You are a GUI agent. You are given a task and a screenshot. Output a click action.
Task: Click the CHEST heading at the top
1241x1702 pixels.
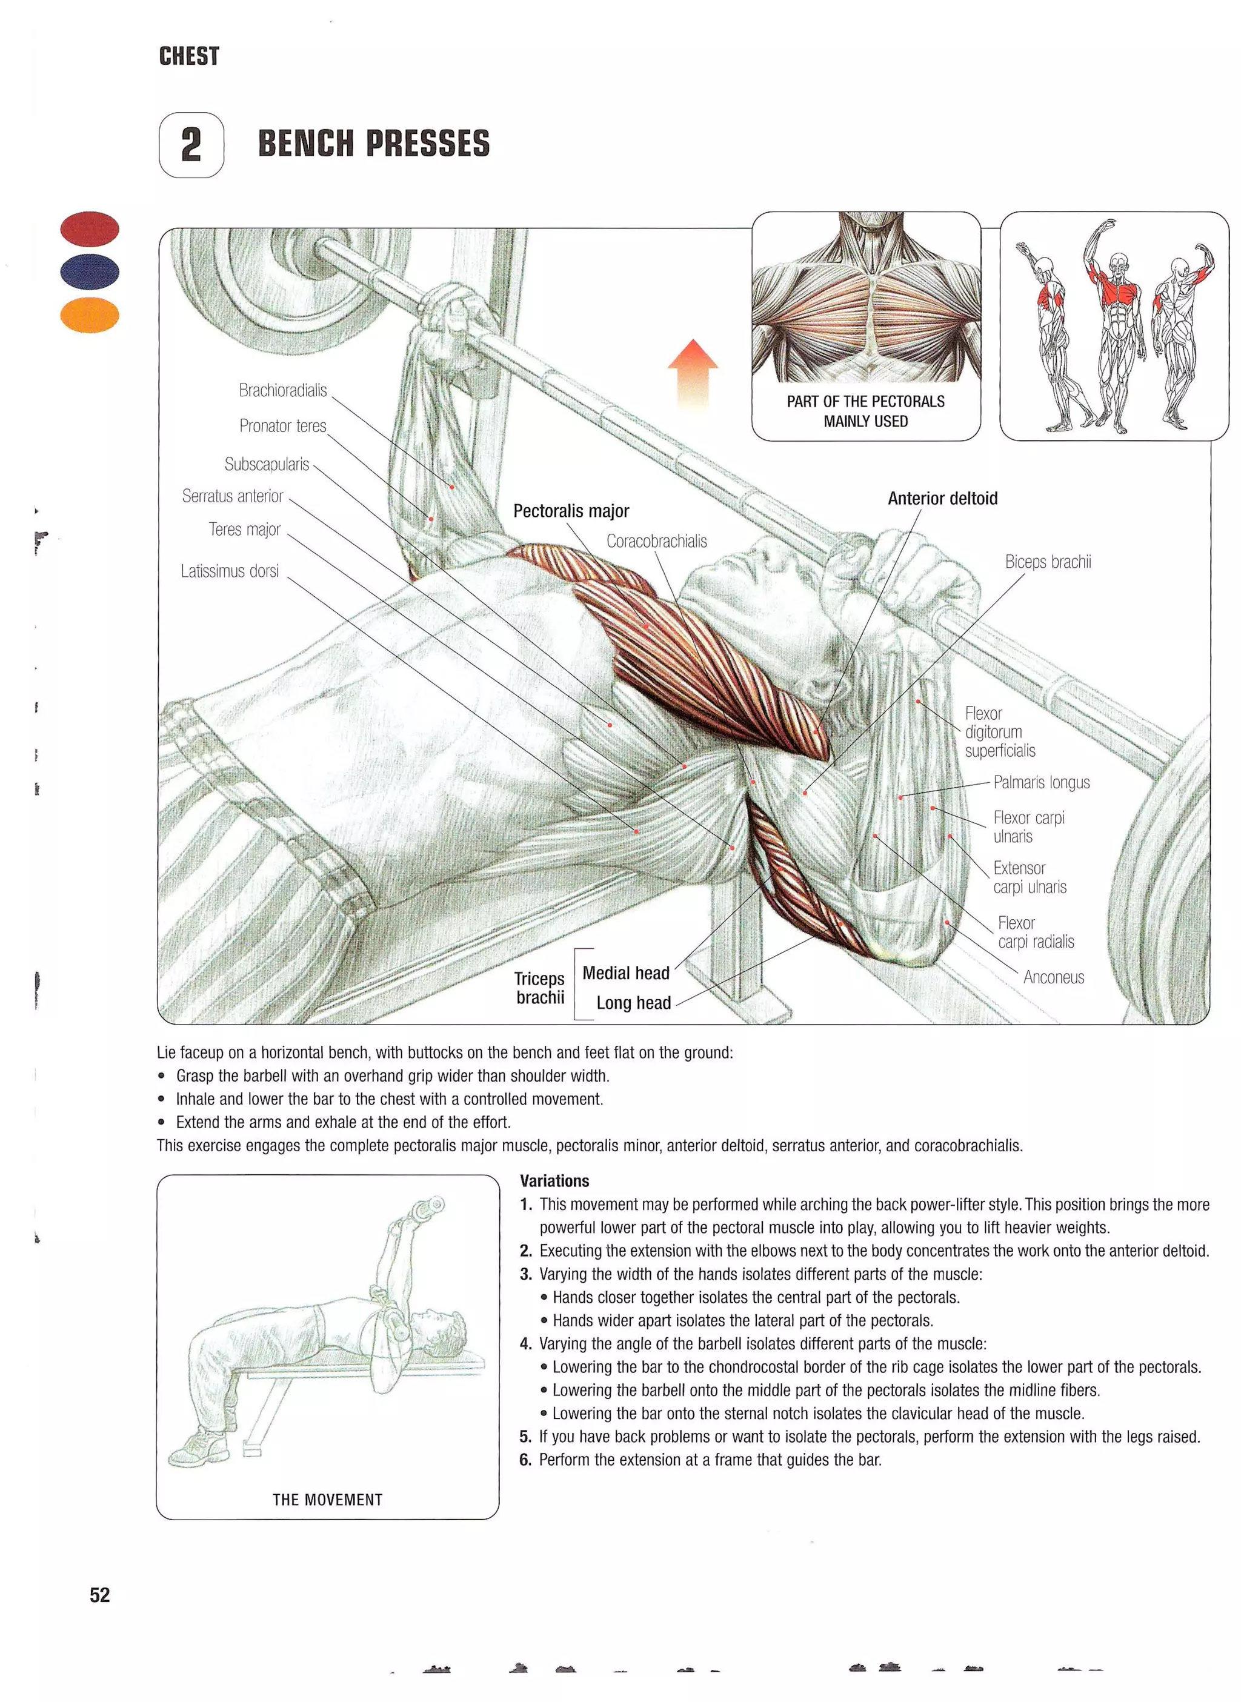click(x=188, y=56)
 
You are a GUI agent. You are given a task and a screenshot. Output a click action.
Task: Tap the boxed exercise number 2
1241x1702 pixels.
click(x=191, y=144)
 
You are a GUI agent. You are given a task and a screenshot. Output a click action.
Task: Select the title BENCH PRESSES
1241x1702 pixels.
click(x=373, y=144)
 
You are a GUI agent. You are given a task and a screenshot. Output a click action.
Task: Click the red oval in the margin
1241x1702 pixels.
click(x=90, y=228)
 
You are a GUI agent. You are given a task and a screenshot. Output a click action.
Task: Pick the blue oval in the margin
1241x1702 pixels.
click(x=90, y=271)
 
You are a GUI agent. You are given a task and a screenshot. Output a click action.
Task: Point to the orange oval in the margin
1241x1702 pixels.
click(x=90, y=314)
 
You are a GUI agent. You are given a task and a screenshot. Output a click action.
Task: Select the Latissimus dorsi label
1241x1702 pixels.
click(x=229, y=571)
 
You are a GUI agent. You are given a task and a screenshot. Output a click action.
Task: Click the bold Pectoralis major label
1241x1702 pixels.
click(x=571, y=511)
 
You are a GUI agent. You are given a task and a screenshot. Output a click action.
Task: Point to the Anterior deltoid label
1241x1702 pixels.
click(x=942, y=498)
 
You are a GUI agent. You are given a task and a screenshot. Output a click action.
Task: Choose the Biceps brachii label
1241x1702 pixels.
click(x=1047, y=562)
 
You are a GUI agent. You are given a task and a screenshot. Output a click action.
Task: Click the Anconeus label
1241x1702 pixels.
click(x=1053, y=977)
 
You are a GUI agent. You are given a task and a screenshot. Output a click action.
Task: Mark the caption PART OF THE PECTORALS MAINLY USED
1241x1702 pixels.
click(x=865, y=411)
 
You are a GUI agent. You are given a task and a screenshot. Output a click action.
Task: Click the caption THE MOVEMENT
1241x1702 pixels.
click(x=328, y=1499)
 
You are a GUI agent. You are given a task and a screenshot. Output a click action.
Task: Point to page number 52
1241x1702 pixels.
click(x=100, y=1595)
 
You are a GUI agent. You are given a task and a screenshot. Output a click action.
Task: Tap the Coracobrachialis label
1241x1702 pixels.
click(x=657, y=541)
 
